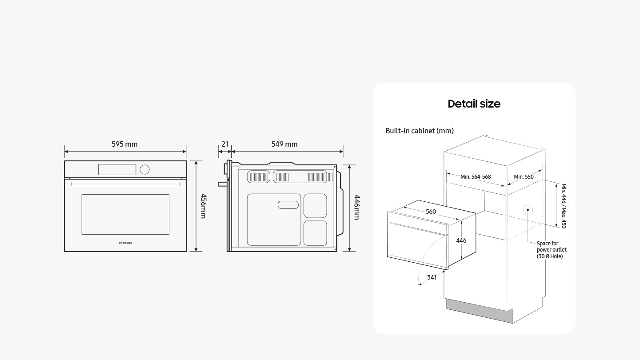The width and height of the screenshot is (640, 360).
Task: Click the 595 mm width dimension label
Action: [124, 144]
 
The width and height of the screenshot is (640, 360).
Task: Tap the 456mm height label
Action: [204, 206]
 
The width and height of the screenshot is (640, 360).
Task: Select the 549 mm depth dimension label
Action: [284, 144]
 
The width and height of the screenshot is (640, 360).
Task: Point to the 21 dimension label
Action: [225, 144]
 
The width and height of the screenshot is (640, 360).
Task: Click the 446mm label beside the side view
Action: [357, 207]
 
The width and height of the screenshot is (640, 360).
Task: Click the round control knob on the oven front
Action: [144, 169]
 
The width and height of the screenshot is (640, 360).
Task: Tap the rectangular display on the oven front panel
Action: [117, 169]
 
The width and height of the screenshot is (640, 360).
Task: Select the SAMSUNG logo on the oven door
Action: [125, 243]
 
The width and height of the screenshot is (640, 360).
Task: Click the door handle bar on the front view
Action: [125, 184]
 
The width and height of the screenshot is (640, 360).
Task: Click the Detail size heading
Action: [474, 104]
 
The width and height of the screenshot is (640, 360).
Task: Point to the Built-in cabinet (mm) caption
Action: [420, 131]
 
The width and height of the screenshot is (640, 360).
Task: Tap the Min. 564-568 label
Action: [476, 177]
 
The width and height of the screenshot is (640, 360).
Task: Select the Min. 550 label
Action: [524, 177]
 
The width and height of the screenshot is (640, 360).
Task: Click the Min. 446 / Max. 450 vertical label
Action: [564, 206]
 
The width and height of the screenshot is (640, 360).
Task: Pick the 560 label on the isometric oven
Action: [431, 212]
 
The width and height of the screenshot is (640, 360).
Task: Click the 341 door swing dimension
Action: [432, 277]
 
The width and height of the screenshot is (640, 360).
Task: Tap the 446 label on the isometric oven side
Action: [461, 240]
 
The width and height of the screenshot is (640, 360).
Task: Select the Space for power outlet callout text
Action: [552, 250]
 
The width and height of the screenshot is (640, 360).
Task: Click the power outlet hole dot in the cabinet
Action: [528, 210]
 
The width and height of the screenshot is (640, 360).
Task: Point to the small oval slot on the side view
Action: [288, 204]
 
